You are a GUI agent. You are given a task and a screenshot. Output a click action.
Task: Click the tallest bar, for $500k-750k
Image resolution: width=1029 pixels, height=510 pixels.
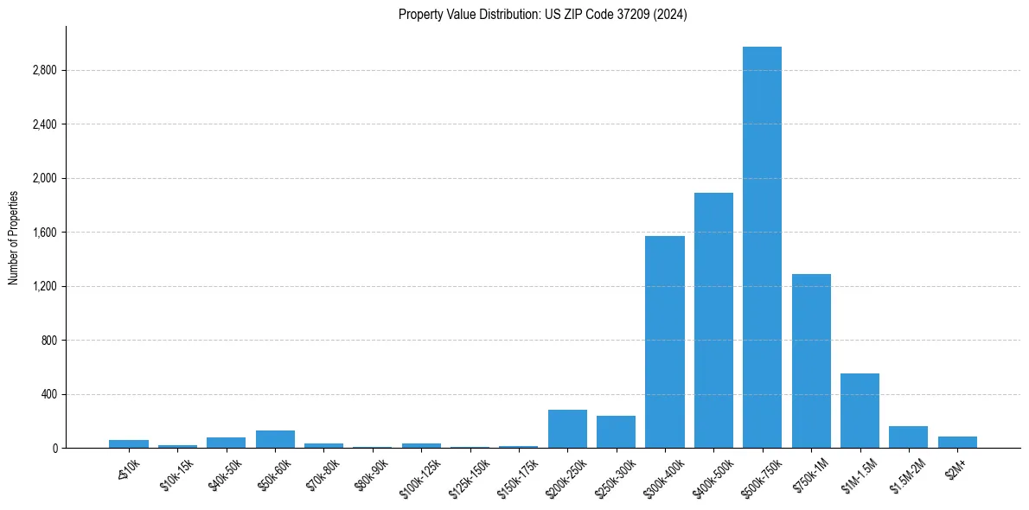[x=762, y=247]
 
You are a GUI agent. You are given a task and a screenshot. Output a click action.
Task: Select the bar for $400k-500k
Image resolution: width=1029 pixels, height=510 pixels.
[x=713, y=320]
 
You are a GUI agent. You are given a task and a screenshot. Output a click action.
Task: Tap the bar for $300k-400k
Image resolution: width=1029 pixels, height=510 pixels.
[x=664, y=341]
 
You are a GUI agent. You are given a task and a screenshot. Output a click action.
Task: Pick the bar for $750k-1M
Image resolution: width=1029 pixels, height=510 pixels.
[x=811, y=360]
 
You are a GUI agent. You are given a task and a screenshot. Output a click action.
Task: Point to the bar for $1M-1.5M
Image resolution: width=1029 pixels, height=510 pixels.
[x=860, y=411]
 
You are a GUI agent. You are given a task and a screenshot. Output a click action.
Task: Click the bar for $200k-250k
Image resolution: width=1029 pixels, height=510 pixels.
[x=567, y=429]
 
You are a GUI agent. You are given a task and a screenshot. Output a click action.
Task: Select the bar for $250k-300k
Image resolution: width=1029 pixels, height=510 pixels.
[x=616, y=431]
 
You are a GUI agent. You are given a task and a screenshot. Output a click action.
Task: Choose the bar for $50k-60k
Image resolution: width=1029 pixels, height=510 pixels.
[x=275, y=439]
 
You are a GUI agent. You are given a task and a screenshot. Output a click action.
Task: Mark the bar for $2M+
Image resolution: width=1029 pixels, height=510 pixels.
[x=957, y=442]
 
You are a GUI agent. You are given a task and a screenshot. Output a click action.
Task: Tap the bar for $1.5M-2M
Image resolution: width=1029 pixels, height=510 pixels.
[x=908, y=437]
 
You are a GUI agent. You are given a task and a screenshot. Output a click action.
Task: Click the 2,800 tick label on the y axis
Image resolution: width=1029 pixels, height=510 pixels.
[x=44, y=70]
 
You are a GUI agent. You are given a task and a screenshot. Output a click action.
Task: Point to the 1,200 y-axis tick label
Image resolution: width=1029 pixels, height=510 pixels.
[x=44, y=286]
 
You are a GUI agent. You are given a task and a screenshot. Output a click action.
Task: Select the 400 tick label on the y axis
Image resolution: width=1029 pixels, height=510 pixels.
[x=48, y=394]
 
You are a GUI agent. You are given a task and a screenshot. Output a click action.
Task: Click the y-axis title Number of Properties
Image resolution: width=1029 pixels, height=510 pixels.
[x=14, y=237]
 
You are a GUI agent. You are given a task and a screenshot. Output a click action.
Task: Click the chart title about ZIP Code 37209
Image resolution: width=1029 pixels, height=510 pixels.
[x=542, y=14]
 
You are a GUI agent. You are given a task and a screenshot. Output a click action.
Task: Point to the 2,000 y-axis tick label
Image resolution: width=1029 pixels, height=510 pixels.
[x=44, y=178]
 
